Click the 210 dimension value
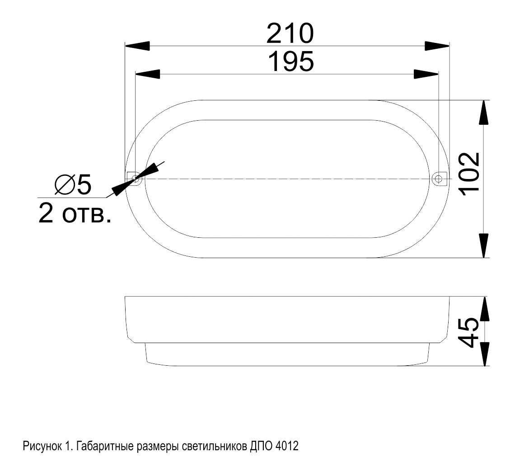[x=290, y=33]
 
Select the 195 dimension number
[x=291, y=61]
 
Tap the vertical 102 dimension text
[x=470, y=174]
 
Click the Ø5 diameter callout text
[x=73, y=184]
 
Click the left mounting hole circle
[x=136, y=179]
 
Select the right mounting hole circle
[x=439, y=179]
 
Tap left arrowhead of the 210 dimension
[x=137, y=46]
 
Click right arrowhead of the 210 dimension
[x=437, y=46]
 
